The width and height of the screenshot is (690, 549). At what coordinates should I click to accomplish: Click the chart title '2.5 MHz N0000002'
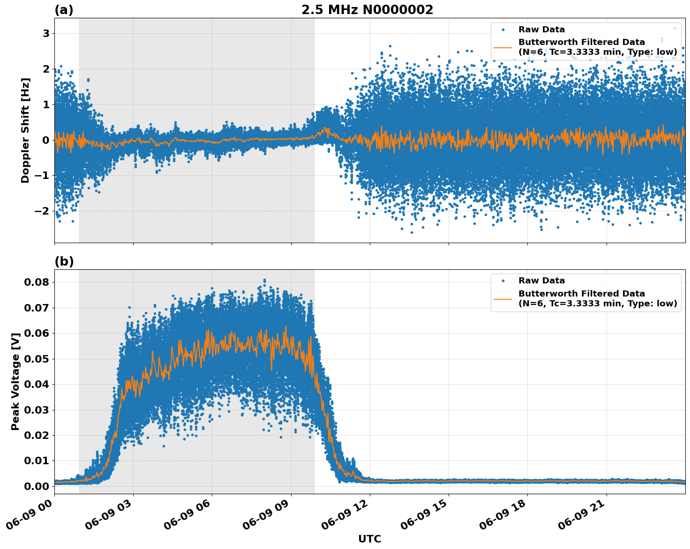367,10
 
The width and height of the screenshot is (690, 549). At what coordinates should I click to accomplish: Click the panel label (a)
64,10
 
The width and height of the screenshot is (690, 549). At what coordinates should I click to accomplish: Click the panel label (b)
64,261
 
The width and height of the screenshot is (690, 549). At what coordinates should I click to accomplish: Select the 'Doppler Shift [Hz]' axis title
25,130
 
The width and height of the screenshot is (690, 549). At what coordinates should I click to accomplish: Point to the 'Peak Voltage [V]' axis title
15,381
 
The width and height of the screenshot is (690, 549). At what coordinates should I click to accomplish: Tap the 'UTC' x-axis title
369,539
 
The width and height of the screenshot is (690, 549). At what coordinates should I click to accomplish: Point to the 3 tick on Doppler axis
46,33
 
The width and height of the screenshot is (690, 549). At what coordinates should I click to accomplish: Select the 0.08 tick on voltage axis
37,282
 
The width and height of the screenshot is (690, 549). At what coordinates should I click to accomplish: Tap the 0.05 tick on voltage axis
37,359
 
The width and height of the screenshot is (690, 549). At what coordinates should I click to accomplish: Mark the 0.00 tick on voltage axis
37,486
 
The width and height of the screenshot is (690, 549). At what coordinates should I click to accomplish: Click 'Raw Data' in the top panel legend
541,30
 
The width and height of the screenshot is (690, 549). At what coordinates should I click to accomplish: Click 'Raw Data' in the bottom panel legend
541,281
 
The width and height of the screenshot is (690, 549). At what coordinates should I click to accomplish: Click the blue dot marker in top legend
503,30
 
